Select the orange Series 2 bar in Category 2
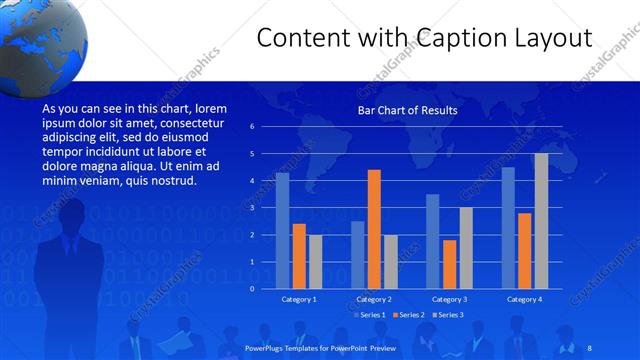[374, 229]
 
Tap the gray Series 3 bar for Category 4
[541, 220]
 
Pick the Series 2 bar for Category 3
[450, 264]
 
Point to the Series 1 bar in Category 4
[508, 227]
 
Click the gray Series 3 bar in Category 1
[315, 261]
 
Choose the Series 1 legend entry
[371, 315]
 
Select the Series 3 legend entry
[448, 315]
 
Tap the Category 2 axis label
[374, 299]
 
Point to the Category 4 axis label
[524, 299]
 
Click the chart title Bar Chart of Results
[407, 110]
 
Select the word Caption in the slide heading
[444, 38]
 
